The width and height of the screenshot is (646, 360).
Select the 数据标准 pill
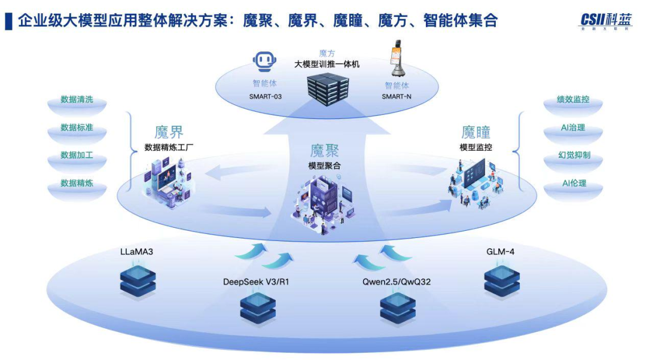(77, 128)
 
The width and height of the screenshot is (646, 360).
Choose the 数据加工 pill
(77, 155)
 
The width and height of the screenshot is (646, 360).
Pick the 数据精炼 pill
(77, 183)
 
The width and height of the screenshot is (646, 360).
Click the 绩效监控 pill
(572, 100)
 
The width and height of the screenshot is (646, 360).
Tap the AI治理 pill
(572, 128)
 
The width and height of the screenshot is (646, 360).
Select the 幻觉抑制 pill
(572, 155)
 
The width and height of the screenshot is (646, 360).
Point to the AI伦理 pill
(572, 183)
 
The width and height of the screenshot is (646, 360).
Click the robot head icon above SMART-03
(265, 62)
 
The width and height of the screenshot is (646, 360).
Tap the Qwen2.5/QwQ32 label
(396, 281)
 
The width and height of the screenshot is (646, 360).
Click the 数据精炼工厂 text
(169, 147)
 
